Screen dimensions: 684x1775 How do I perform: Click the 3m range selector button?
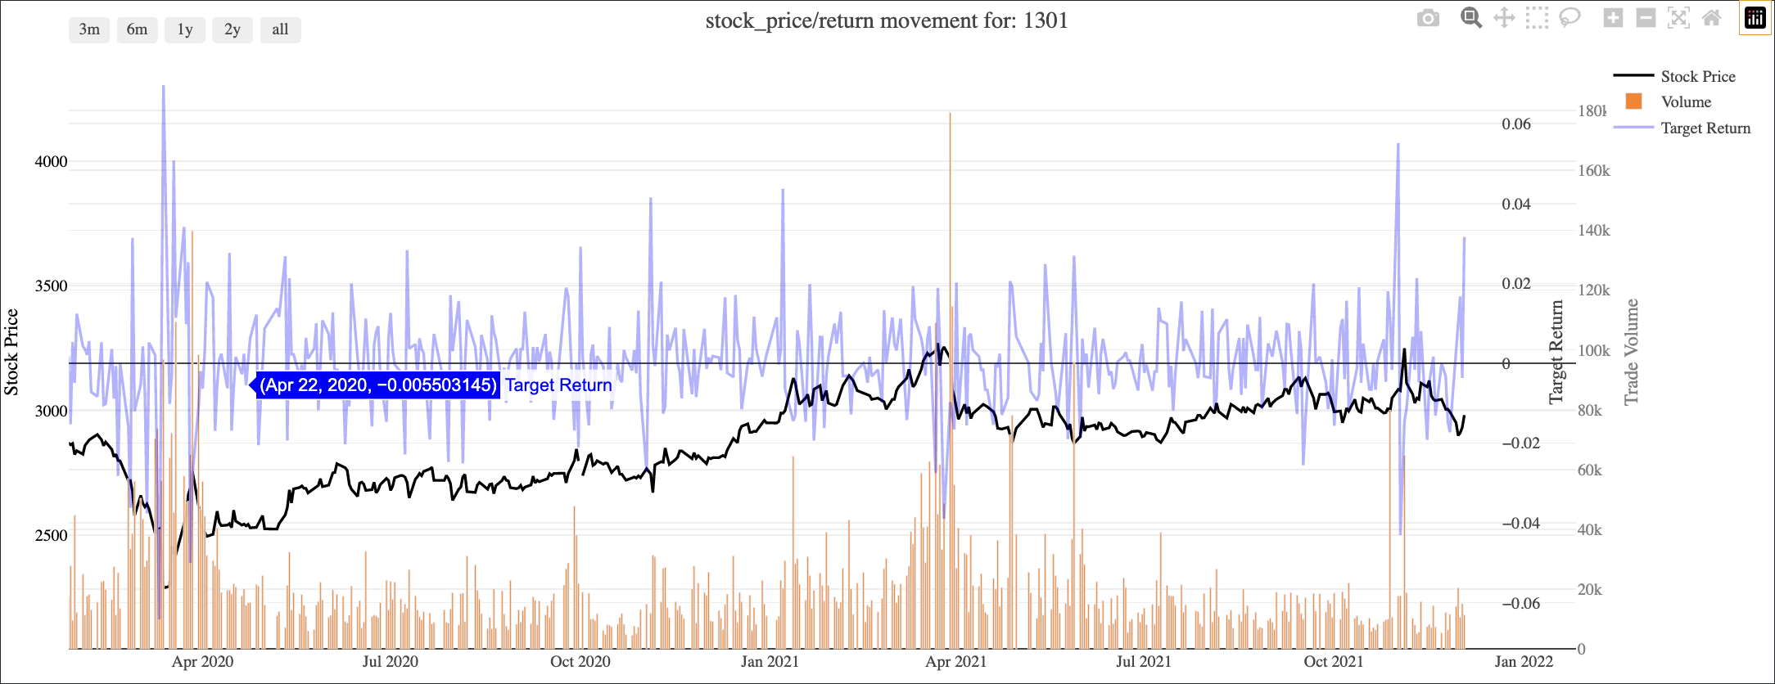point(89,29)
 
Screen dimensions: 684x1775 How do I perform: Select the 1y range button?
point(185,29)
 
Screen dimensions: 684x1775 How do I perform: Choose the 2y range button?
point(233,29)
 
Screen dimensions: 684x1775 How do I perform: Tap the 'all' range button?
point(280,29)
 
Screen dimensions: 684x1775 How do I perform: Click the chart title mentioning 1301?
point(887,20)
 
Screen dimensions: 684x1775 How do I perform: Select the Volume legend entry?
point(1685,101)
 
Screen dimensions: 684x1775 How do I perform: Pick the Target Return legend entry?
point(1705,128)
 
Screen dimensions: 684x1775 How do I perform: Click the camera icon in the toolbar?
point(1428,18)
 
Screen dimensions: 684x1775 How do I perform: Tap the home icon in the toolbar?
point(1711,18)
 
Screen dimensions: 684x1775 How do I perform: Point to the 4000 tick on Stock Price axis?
point(51,161)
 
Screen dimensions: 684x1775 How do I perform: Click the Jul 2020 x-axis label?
point(391,661)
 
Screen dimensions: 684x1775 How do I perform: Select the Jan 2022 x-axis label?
point(1523,661)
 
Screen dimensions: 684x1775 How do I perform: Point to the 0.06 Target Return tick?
point(1515,124)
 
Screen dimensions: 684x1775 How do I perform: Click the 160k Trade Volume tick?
point(1593,170)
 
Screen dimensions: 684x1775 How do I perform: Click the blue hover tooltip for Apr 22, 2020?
point(378,385)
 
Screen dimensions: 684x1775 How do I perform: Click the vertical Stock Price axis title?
point(11,352)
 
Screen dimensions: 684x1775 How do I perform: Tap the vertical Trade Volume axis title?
point(1631,352)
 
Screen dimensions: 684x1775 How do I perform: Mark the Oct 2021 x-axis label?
point(1333,661)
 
